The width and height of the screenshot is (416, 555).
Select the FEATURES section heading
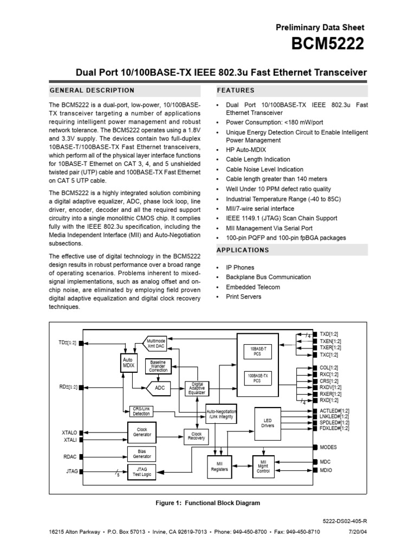pyautogui.click(x=236, y=90)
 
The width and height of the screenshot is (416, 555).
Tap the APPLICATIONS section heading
pyautogui.click(x=243, y=250)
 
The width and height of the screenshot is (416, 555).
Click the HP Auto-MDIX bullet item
pyautogui.click(x=246, y=149)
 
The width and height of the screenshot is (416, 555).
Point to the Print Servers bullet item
pyautogui.click(x=243, y=296)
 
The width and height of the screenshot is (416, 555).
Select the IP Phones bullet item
pyautogui.click(x=240, y=267)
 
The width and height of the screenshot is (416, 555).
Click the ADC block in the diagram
pyautogui.click(x=160, y=388)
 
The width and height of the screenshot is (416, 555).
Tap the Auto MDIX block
pyautogui.click(x=128, y=363)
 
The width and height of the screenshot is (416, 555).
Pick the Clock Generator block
pyautogui.click(x=142, y=431)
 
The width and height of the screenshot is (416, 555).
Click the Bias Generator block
pyautogui.click(x=142, y=454)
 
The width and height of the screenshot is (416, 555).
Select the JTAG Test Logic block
pyautogui.click(x=142, y=472)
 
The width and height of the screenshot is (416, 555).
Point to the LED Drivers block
pyautogui.click(x=268, y=423)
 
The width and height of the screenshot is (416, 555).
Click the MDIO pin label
pyautogui.click(x=326, y=470)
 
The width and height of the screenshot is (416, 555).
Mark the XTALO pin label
pyautogui.click(x=70, y=433)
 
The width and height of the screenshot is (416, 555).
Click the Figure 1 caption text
pyautogui.click(x=207, y=503)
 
